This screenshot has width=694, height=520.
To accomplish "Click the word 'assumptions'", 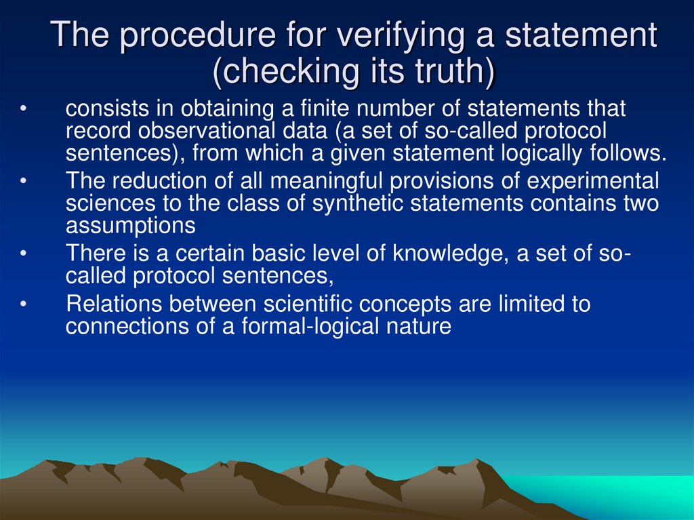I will (x=131, y=225).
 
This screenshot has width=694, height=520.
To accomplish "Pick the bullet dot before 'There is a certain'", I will (x=24, y=255).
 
